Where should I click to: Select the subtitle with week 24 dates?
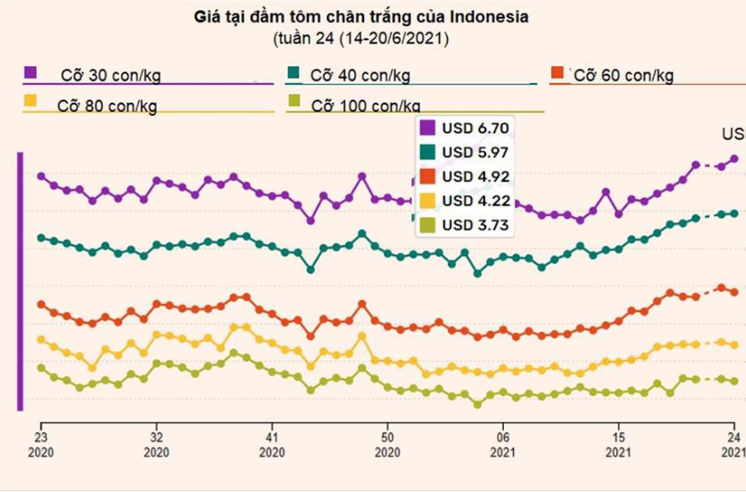click(361, 39)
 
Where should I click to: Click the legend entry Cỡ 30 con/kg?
click(110, 76)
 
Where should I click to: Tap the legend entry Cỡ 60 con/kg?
click(623, 76)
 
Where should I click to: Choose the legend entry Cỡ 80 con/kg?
click(107, 107)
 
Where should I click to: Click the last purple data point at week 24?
click(734, 159)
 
